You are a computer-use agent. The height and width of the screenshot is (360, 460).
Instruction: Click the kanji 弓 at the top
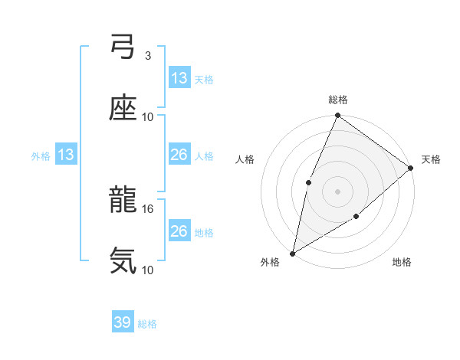point(123,47)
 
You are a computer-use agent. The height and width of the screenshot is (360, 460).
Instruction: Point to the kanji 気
point(123,261)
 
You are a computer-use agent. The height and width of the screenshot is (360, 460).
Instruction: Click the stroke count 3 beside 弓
point(147,56)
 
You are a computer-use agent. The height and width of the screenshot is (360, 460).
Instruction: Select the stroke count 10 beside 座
point(148,116)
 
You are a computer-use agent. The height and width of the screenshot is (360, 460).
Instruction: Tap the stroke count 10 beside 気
point(148,270)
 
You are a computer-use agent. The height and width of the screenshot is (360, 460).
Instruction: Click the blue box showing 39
point(123,322)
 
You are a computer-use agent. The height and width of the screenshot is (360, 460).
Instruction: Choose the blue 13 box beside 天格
point(179,78)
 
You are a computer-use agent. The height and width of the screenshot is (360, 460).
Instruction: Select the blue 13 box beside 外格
point(66,155)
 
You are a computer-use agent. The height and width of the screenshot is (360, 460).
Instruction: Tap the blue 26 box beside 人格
point(179,155)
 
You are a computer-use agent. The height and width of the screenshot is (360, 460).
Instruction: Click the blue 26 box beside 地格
point(179,231)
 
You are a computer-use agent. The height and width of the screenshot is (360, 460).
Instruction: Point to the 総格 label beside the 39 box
point(148,324)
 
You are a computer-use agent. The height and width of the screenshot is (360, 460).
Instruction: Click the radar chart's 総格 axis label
point(338,100)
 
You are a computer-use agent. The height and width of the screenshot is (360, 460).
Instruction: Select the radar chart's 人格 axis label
point(245,159)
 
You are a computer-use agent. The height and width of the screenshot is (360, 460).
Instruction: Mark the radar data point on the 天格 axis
point(411,168)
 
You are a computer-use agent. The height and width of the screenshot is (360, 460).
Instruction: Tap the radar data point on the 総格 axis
point(338,116)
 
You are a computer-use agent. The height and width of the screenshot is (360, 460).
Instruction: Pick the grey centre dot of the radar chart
point(338,191)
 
